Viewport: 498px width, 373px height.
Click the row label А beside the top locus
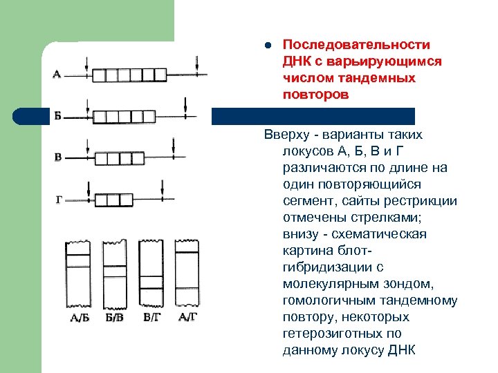click(x=57, y=75)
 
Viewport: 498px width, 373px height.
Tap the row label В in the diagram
click(x=58, y=157)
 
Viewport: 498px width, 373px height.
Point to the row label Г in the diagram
click(x=59, y=200)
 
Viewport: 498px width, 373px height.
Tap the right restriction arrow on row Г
click(x=162, y=189)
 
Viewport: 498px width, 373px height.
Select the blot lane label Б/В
click(x=114, y=318)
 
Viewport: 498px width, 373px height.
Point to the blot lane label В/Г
click(x=151, y=318)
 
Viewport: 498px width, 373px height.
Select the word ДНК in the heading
click(x=297, y=61)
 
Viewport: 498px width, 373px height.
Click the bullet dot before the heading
click(x=267, y=46)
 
